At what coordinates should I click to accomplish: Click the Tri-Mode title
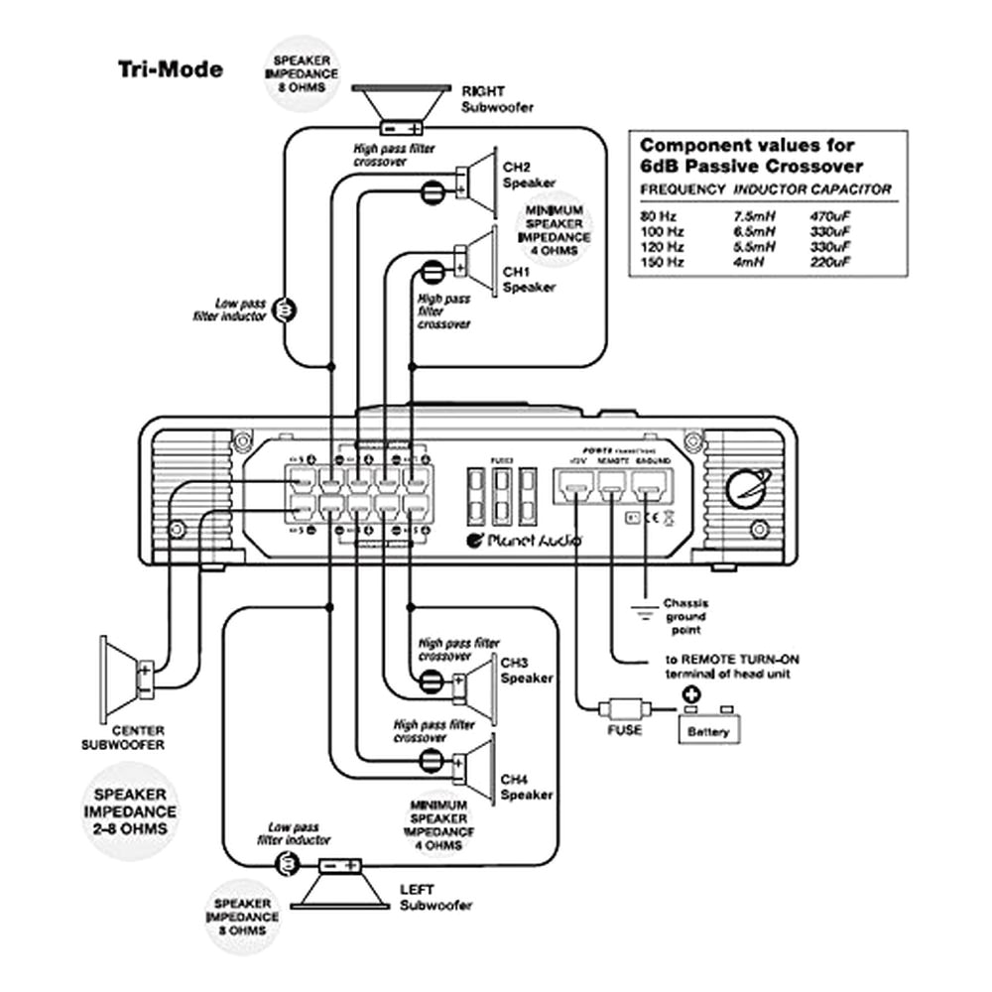tap(171, 69)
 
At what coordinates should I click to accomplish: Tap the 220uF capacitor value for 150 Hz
tap(828, 262)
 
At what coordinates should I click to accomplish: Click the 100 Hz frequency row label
tap(663, 230)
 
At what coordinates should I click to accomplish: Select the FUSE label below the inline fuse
tap(622, 730)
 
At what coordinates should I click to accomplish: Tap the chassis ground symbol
tap(645, 614)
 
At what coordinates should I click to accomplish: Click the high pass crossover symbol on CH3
tap(432, 681)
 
